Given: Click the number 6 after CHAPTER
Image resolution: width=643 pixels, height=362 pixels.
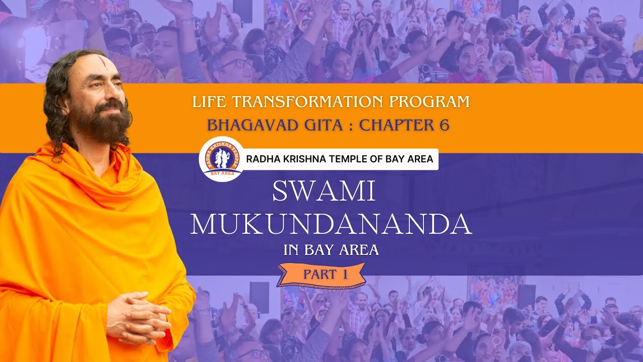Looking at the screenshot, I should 444,125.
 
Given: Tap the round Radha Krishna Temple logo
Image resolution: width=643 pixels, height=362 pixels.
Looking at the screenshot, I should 222,159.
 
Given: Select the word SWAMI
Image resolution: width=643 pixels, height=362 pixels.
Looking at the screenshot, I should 324,192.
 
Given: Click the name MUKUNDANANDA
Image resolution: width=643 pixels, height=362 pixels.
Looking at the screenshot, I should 331,225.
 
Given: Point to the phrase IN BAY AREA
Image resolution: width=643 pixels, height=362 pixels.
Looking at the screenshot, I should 331,250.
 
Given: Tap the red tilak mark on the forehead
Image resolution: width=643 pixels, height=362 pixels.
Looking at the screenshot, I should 102,62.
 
